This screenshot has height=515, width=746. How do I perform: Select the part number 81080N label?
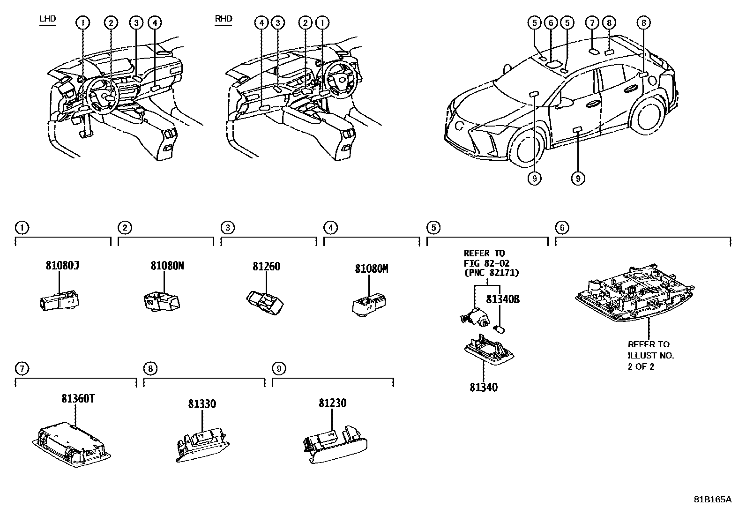click(167, 266)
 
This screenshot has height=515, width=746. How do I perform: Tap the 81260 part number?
click(266, 267)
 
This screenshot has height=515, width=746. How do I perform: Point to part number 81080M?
click(371, 269)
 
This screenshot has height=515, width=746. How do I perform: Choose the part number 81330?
click(202, 403)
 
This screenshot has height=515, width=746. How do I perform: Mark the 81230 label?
click(332, 403)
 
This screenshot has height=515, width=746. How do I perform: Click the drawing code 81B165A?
click(712, 499)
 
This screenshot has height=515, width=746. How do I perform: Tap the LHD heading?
click(48, 19)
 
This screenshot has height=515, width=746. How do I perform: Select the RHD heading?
click(224, 19)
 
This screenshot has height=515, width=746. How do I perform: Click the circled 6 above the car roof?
click(551, 22)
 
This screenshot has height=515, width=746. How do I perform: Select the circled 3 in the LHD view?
click(136, 22)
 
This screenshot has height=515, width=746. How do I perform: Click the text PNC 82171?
click(491, 272)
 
